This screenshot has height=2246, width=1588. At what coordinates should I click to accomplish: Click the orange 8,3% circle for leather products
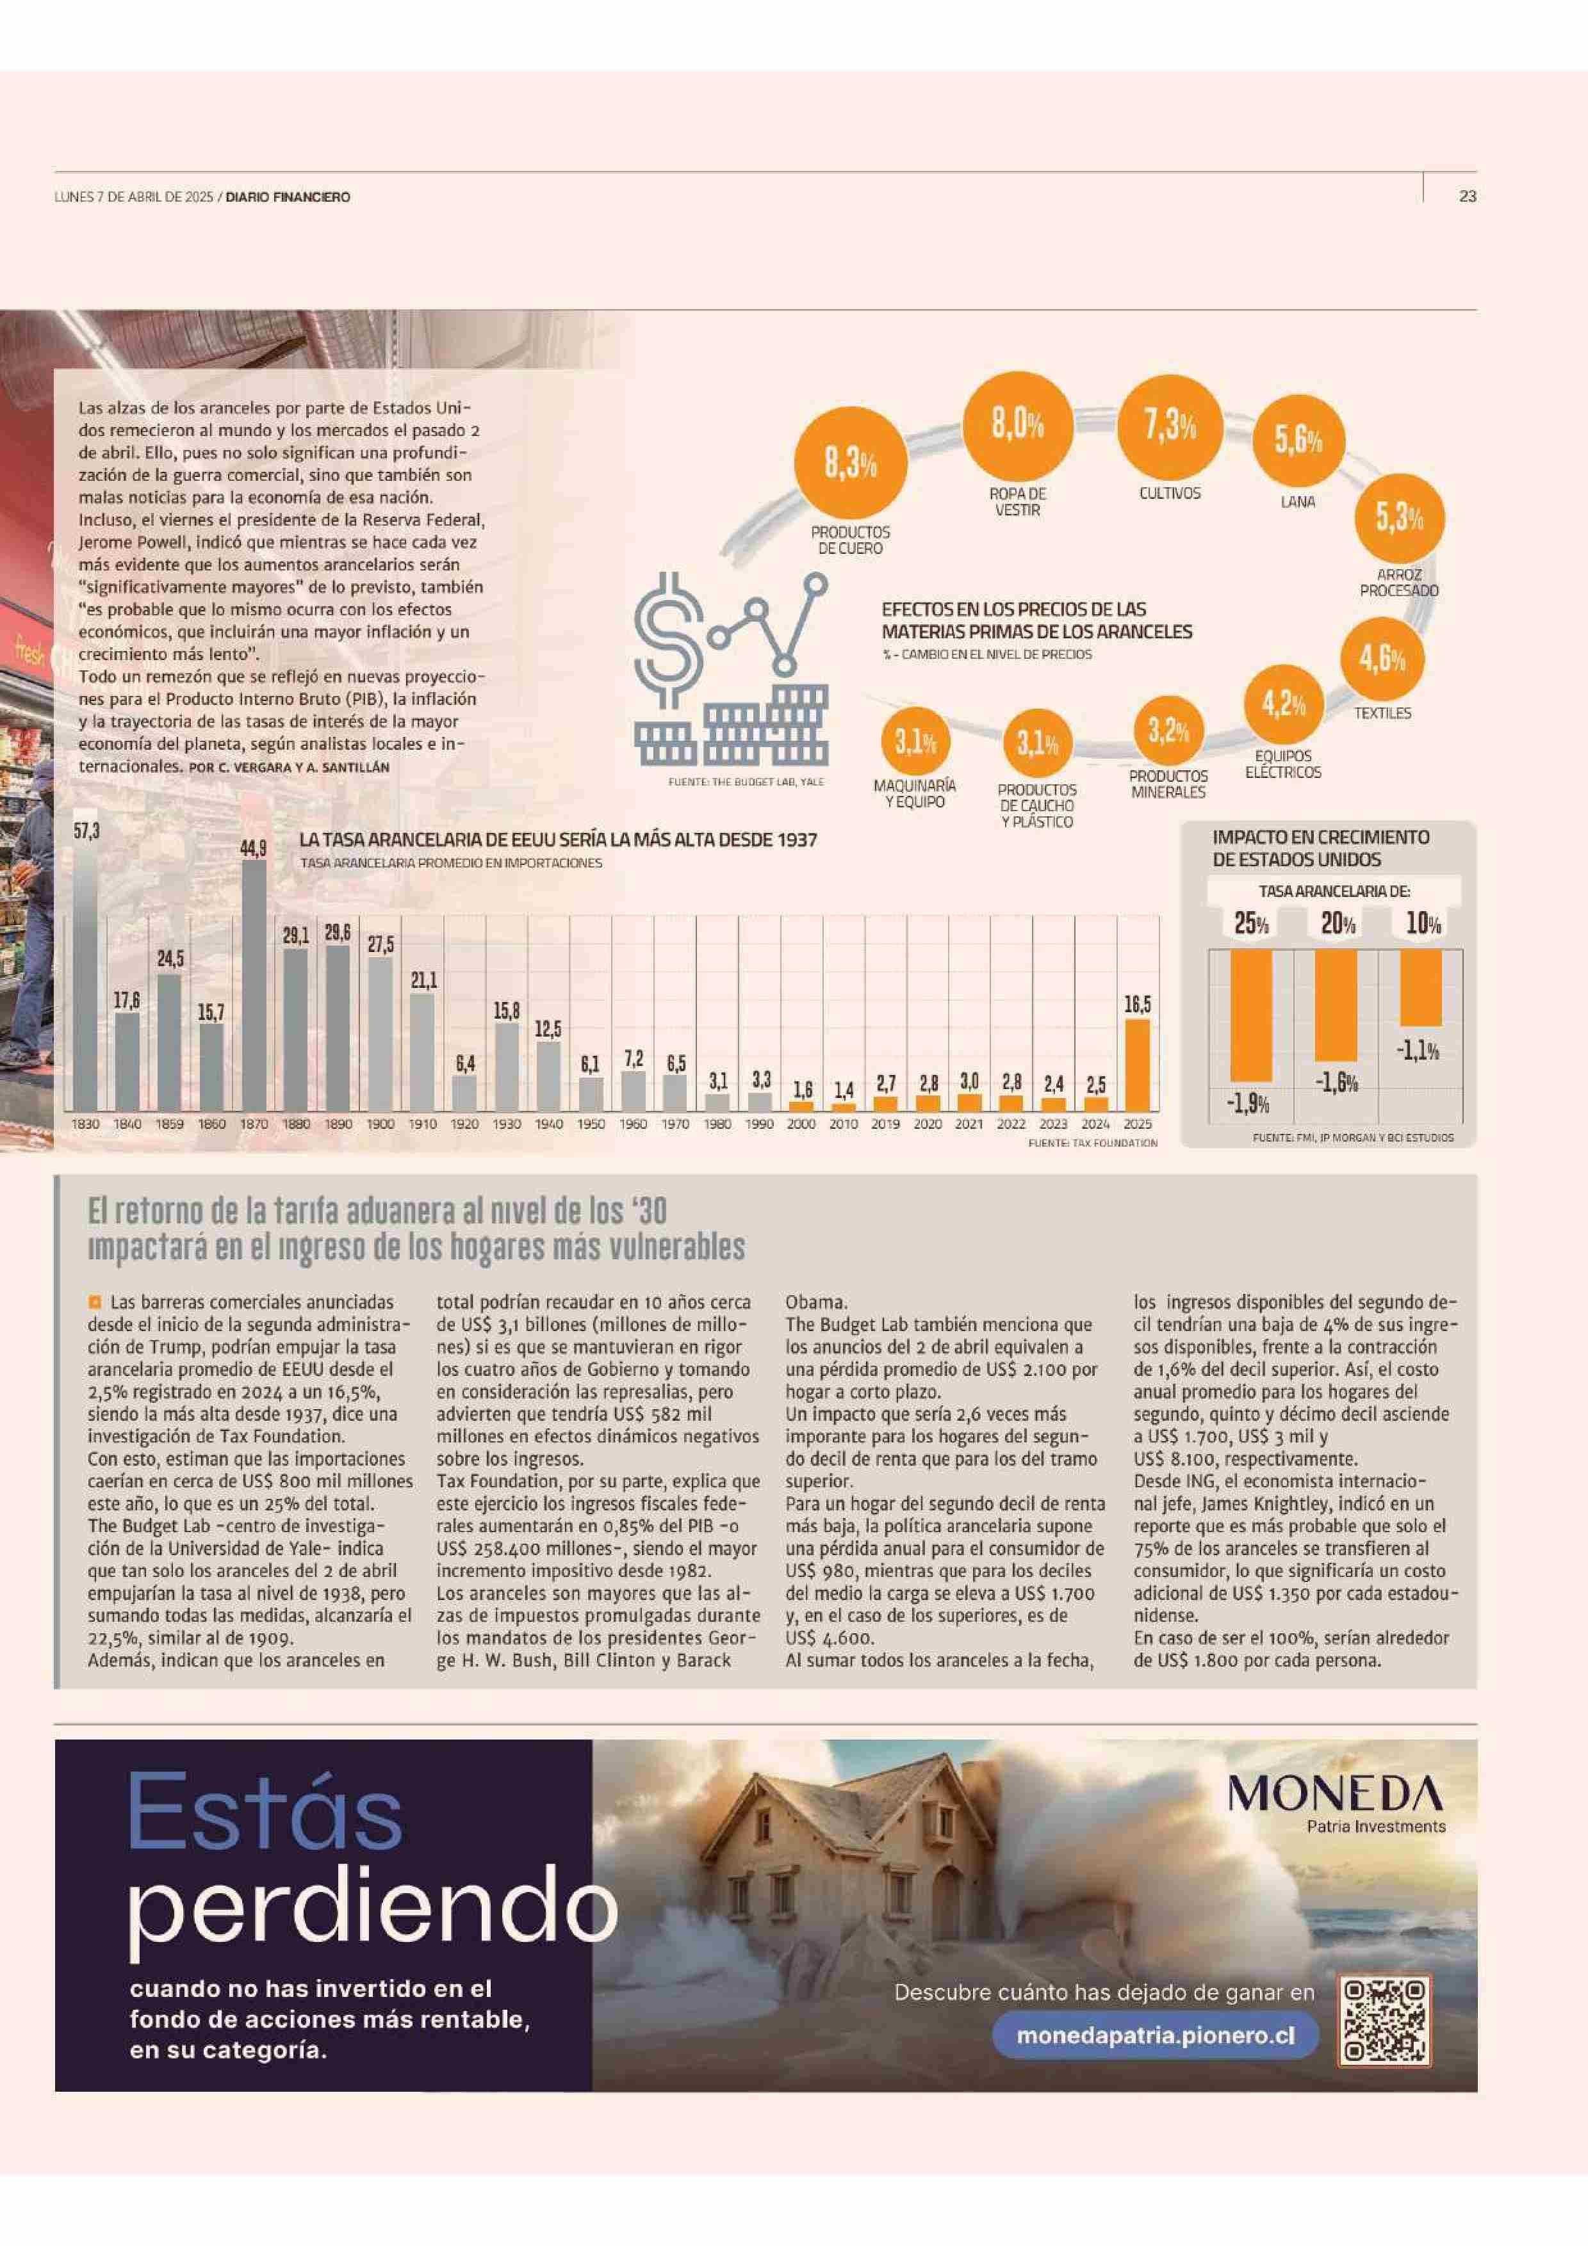849,465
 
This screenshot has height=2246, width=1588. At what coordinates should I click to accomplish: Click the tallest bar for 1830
86,978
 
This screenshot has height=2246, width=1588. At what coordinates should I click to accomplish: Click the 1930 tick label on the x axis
506,1124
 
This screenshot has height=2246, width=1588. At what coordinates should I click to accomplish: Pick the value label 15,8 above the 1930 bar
506,1010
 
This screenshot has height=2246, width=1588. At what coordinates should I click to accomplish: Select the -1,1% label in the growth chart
1418,1051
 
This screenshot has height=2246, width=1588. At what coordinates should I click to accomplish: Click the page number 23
1467,197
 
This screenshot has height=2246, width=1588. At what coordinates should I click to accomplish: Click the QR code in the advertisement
1384,2021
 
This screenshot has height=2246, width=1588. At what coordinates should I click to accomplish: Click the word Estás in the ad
264,1813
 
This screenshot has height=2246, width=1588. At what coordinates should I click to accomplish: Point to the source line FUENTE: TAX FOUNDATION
1092,1143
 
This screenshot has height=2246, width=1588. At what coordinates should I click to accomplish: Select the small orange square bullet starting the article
95,1302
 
